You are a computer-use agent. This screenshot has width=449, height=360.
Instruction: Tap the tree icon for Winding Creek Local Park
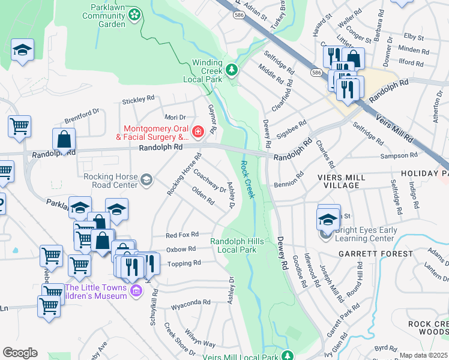pyautogui.click(x=232, y=70)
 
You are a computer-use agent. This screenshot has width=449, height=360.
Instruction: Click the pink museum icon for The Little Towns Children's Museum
pyautogui.click(x=136, y=291)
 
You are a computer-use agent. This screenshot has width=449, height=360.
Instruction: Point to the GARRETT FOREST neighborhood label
pyautogui.click(x=375, y=254)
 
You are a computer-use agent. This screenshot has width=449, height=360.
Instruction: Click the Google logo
pyautogui.click(x=20, y=352)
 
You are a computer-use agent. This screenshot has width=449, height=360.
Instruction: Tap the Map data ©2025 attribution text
pyautogui.click(x=424, y=355)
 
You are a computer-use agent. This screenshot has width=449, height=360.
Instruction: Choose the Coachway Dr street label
pyautogui.click(x=209, y=180)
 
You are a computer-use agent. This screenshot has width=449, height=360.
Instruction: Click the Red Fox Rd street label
pyautogui.click(x=182, y=235)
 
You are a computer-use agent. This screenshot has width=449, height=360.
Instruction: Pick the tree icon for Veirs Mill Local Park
pyautogui.click(x=288, y=355)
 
